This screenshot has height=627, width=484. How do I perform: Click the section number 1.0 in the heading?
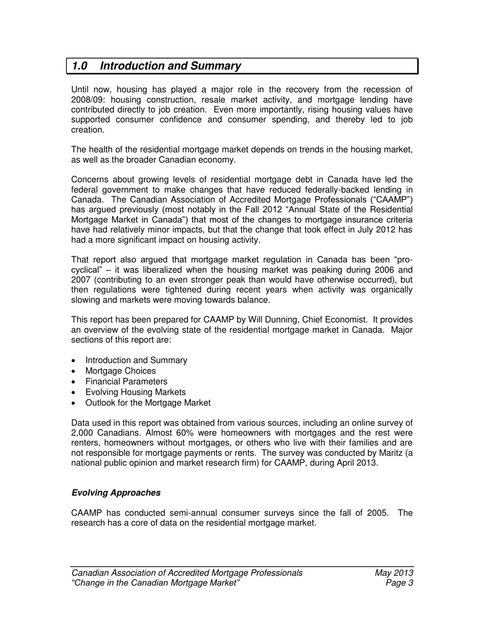point(79,66)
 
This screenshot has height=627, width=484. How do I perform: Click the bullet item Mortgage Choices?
point(121,371)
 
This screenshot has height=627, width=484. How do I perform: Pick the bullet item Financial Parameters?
point(126,381)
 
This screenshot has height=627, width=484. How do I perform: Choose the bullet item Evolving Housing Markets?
point(136,392)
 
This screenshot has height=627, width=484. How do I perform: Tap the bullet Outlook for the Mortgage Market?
point(148,403)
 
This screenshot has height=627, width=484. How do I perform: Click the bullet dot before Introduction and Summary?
point(74,361)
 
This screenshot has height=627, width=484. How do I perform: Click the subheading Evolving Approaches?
point(116,493)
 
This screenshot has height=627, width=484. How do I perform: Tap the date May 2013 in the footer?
point(393,572)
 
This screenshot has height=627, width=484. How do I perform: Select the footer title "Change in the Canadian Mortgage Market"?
point(156,583)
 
